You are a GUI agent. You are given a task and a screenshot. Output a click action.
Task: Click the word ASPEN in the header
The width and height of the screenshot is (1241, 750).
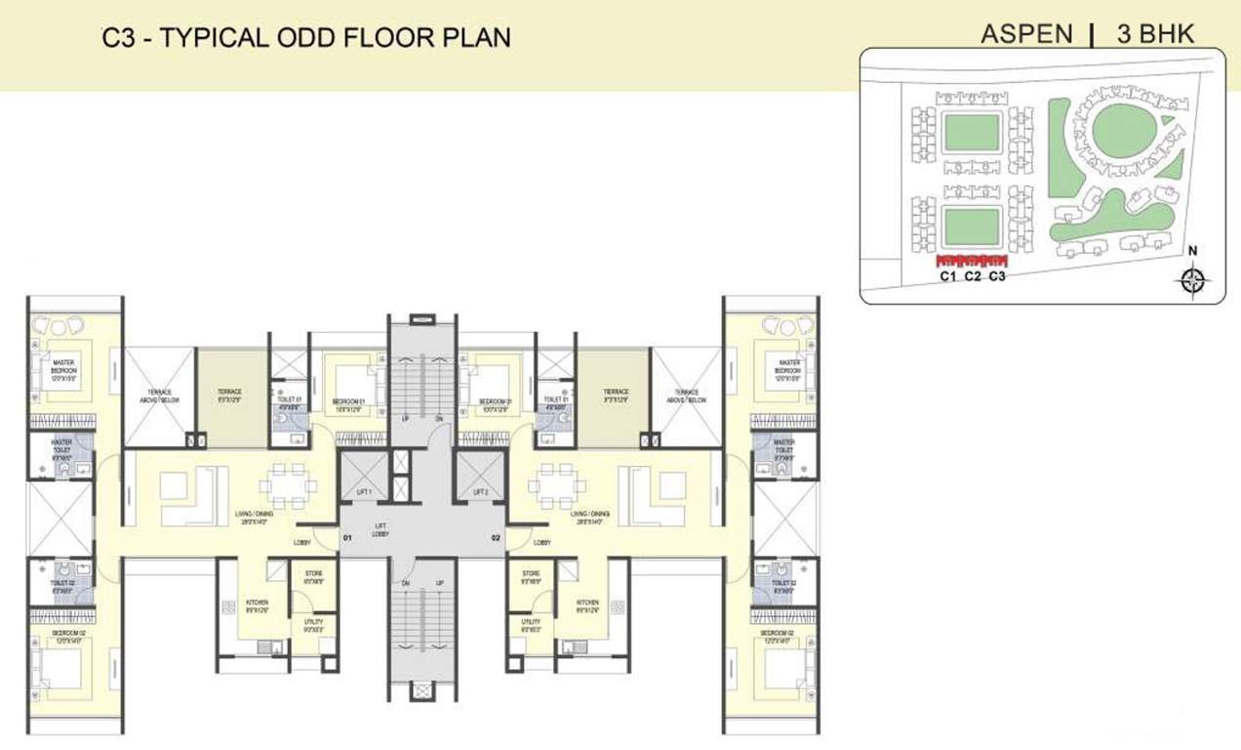1025,34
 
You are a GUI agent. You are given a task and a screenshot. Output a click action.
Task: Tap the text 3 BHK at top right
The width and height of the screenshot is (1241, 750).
1157,34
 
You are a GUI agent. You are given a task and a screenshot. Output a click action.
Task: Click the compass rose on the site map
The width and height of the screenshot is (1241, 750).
1192,281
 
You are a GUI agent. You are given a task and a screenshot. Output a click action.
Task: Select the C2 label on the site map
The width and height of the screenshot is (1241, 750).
972,277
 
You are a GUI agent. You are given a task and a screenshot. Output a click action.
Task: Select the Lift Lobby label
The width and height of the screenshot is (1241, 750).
381,530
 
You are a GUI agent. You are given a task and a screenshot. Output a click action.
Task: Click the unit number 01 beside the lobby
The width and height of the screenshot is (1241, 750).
346,537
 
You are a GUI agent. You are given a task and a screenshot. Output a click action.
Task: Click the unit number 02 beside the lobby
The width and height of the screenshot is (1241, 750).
496,537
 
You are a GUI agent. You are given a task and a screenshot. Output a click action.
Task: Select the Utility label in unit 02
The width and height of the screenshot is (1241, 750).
530,625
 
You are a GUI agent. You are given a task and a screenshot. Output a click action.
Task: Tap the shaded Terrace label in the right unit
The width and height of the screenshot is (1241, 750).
615,395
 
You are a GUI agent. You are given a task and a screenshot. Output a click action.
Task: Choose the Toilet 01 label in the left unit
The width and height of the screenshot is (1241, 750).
287,402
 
